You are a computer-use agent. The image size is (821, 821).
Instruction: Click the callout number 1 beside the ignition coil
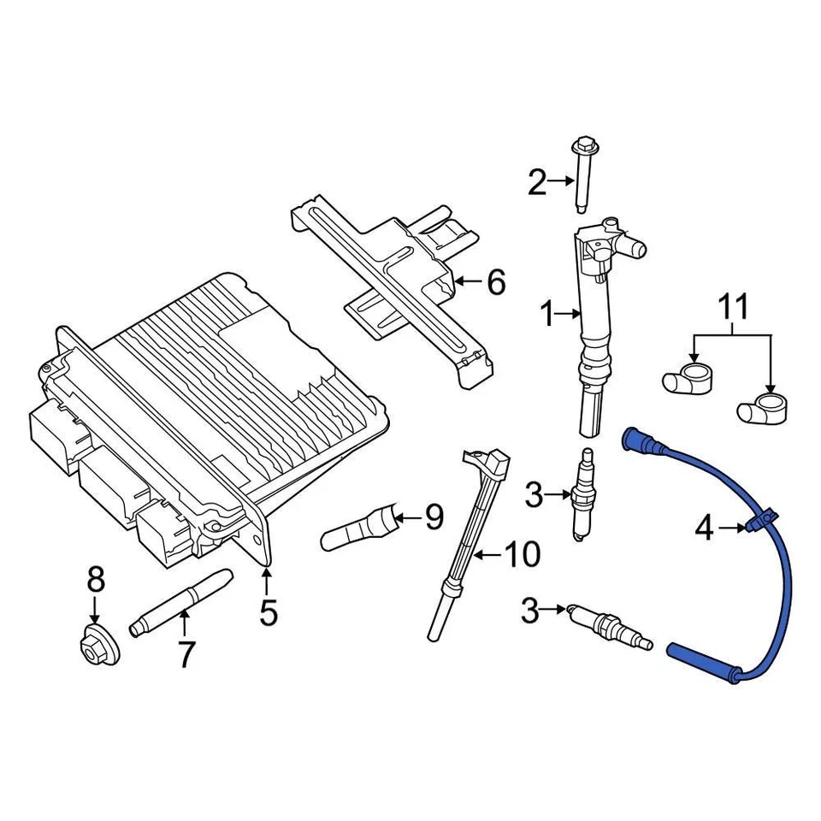[547, 316]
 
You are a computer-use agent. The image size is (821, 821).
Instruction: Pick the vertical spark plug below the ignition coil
[586, 493]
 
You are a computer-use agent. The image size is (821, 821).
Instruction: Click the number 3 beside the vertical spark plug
[534, 493]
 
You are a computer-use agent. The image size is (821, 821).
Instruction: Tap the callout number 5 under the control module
[269, 612]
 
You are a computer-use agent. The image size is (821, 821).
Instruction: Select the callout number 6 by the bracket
[496, 281]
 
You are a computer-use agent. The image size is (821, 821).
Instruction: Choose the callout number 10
[521, 555]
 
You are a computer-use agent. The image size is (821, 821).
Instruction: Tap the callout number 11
[732, 305]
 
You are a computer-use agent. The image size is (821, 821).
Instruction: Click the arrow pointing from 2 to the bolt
[562, 180]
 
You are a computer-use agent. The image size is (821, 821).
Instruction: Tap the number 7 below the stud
[186, 654]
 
